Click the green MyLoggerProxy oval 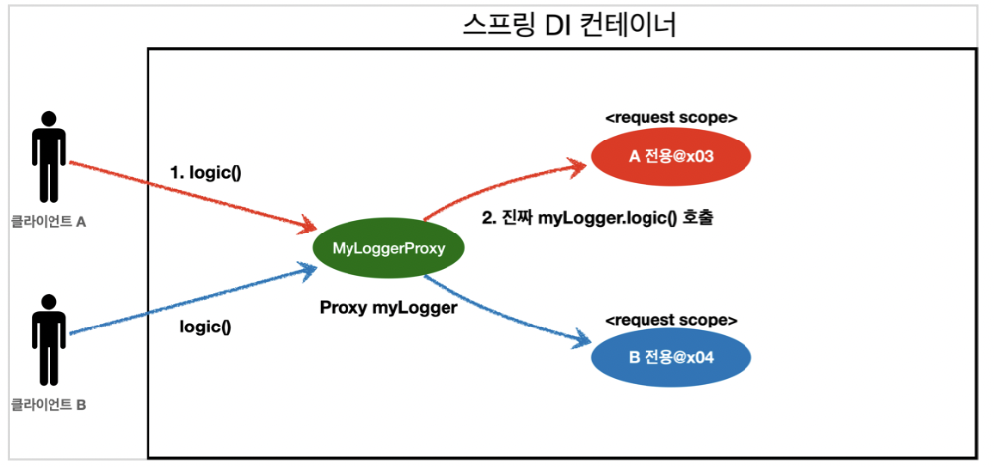tap(387, 248)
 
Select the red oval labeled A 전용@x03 tap(670, 155)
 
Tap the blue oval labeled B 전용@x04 tap(670, 358)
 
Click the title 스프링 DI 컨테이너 tap(569, 24)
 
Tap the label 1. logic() tap(206, 172)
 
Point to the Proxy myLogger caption tap(388, 308)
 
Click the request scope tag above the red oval tap(670, 117)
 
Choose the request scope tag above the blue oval tap(670, 320)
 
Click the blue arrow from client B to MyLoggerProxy tap(188, 301)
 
